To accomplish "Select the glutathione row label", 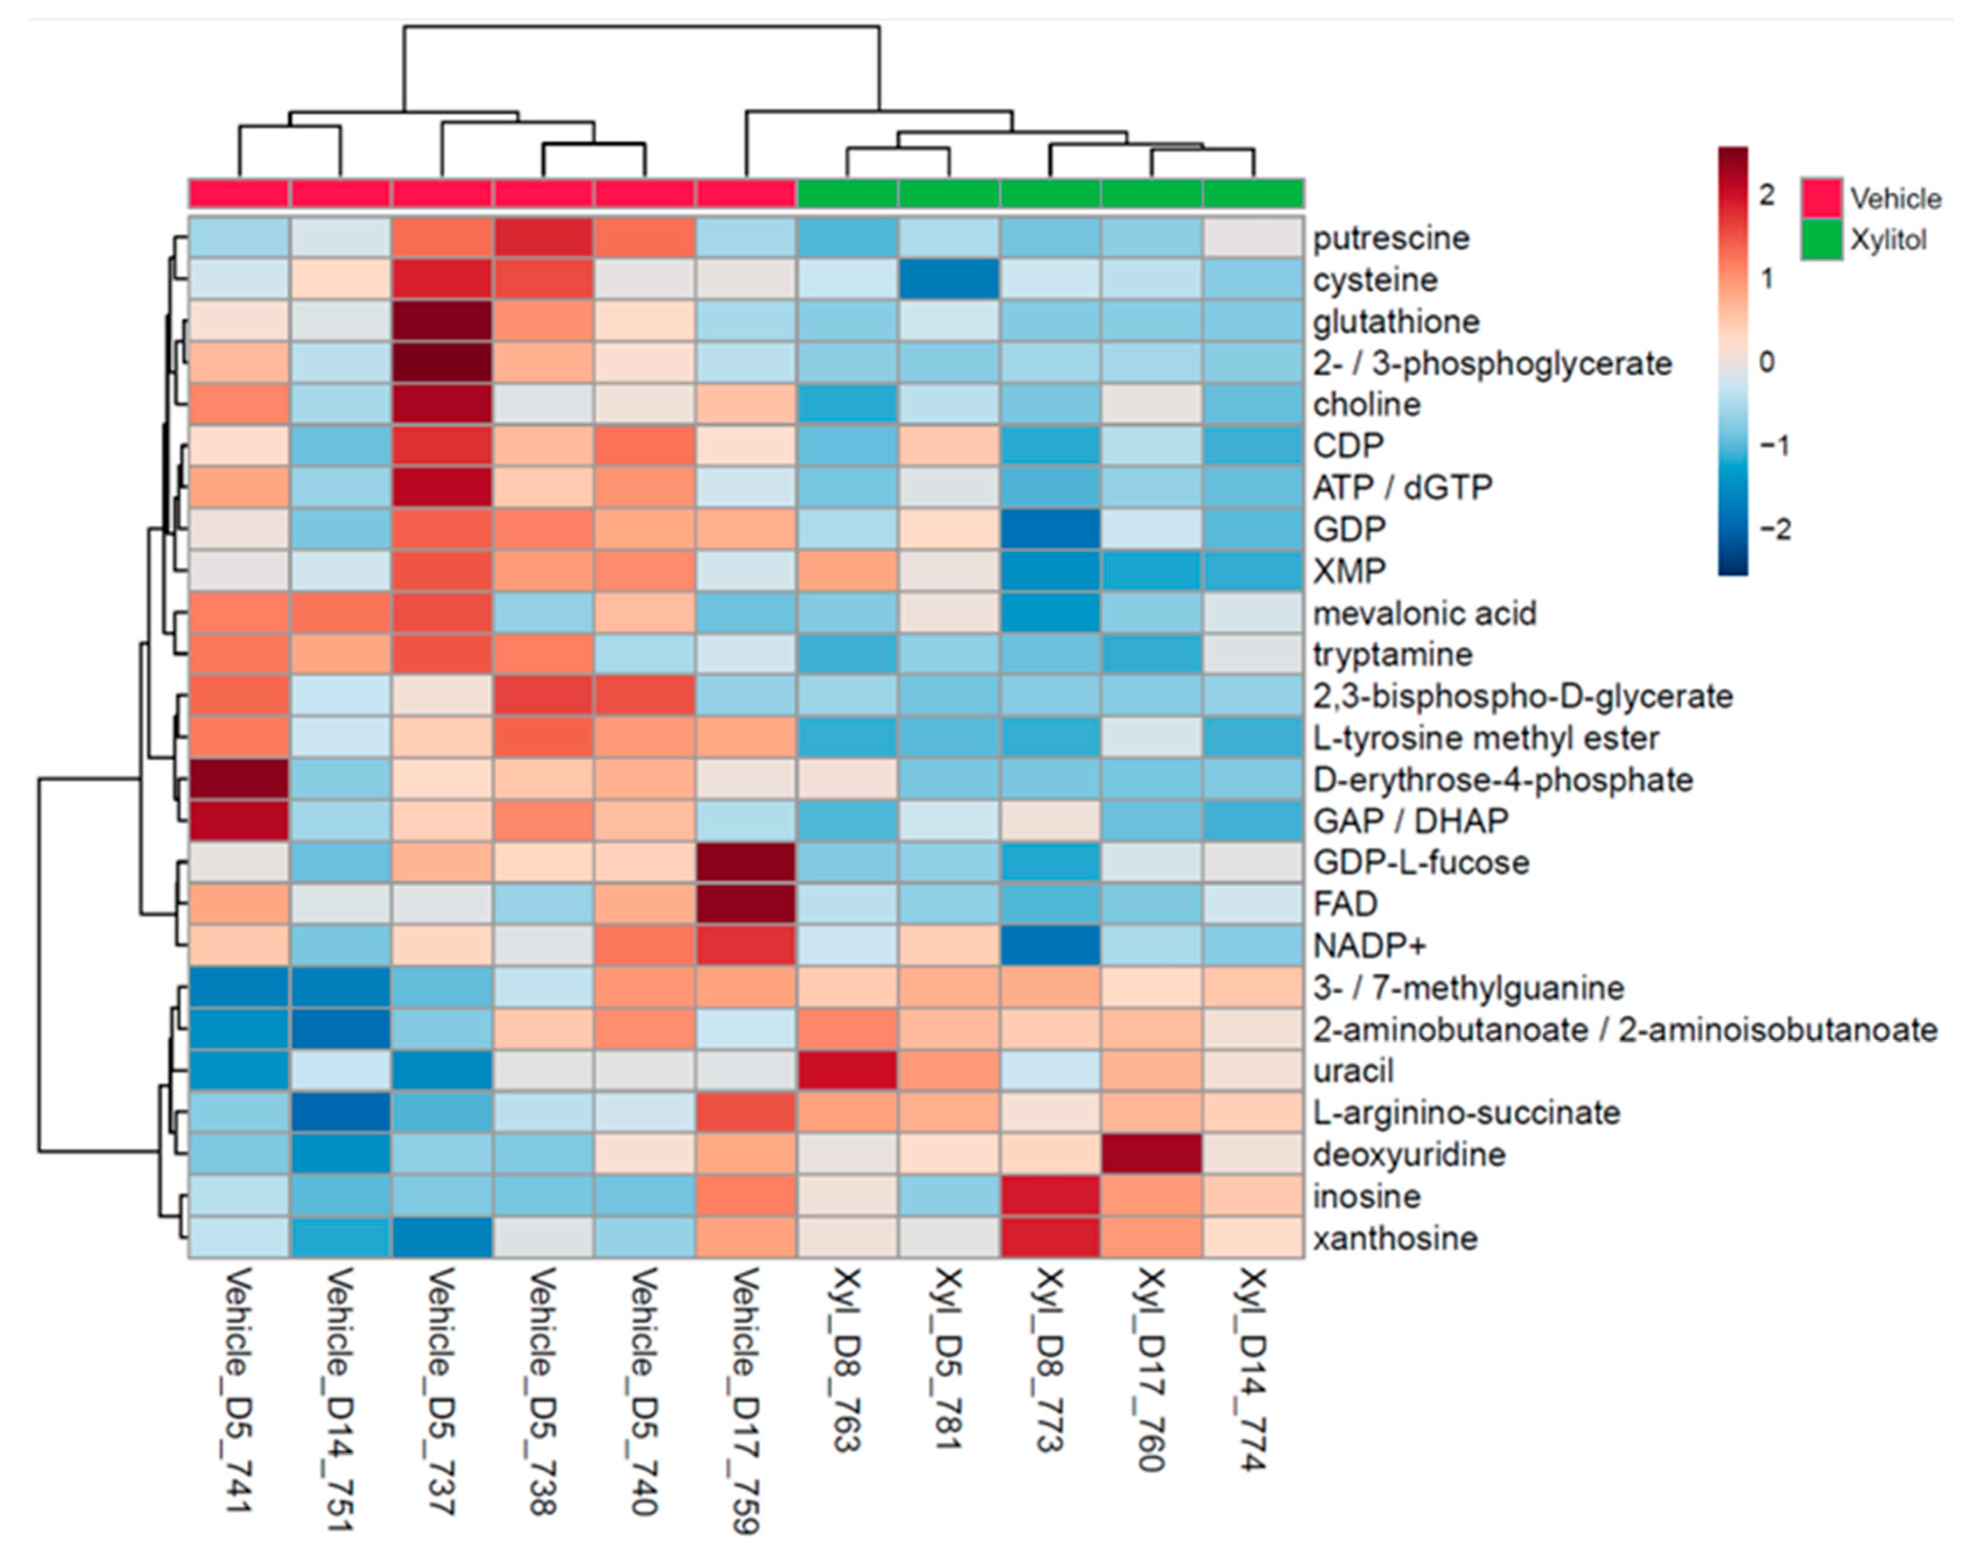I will tap(1396, 322).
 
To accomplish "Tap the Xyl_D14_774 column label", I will tap(1254, 1370).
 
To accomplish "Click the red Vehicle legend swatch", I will tap(1821, 198).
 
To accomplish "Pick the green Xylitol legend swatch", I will tap(1821, 240).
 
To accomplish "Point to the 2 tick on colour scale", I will tap(1767, 195).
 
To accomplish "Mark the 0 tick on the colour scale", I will tap(1767, 363).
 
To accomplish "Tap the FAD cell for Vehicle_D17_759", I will tap(746, 904).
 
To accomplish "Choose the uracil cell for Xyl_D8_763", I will tap(847, 1071).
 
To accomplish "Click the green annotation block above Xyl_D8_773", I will tap(1050, 194).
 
